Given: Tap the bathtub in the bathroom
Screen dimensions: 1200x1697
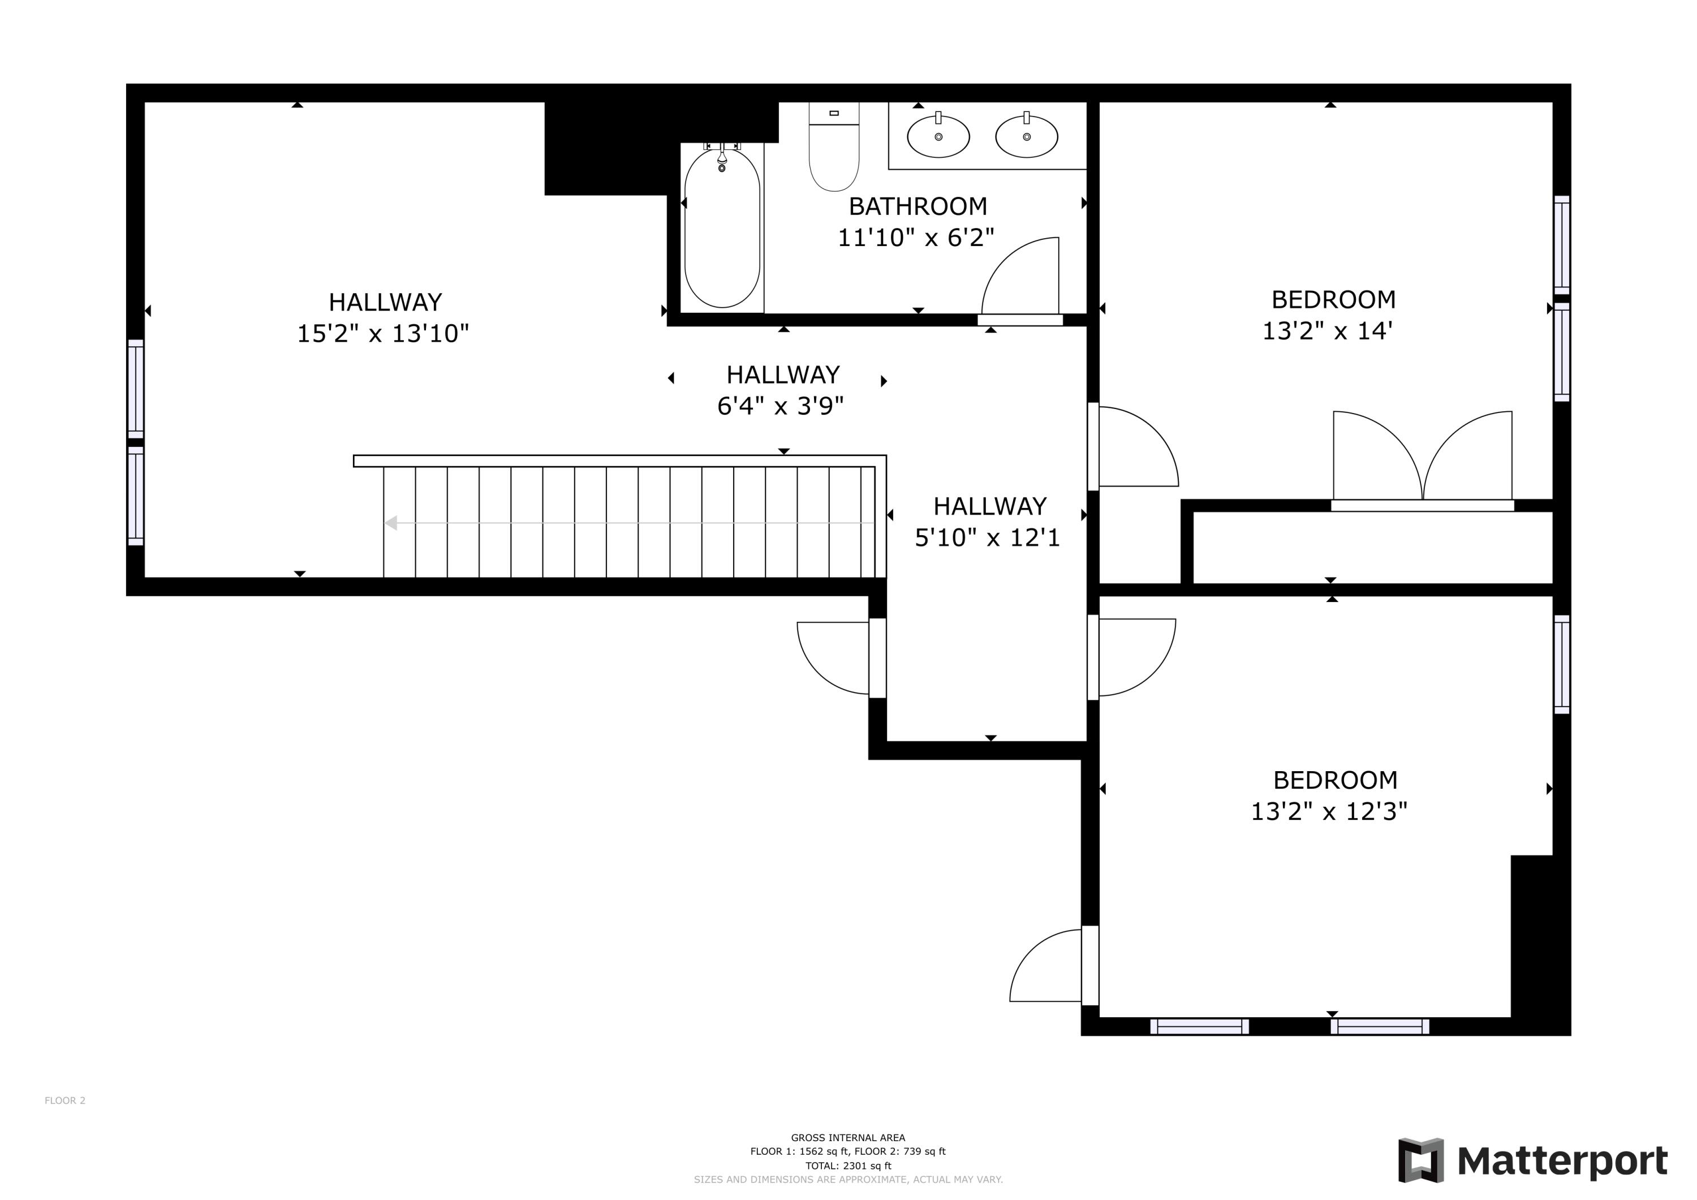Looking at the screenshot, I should pyautogui.click(x=722, y=229).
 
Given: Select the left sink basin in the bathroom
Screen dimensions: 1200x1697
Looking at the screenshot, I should pyautogui.click(x=938, y=137).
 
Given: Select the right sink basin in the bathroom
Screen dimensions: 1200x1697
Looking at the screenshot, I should pyautogui.click(x=1026, y=137).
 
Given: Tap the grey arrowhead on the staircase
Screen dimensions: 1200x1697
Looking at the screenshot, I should pyautogui.click(x=391, y=523).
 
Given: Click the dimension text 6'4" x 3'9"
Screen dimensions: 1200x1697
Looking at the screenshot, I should pyautogui.click(x=779, y=406).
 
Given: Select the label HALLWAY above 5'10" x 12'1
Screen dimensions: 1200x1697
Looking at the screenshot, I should pyautogui.click(x=990, y=506).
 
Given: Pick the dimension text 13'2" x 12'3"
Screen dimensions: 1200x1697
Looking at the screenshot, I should pyautogui.click(x=1328, y=812).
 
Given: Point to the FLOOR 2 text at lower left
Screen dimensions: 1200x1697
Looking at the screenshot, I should pyautogui.click(x=65, y=1101).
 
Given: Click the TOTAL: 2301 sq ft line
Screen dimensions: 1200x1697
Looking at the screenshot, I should pyautogui.click(x=848, y=1166).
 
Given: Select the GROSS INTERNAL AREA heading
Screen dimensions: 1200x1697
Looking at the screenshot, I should pyautogui.click(x=848, y=1138).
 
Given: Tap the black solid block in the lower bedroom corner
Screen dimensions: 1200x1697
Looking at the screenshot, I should pyautogui.click(x=1531, y=935).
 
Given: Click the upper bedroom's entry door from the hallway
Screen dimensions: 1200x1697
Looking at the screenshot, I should pyautogui.click(x=1135, y=448).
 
